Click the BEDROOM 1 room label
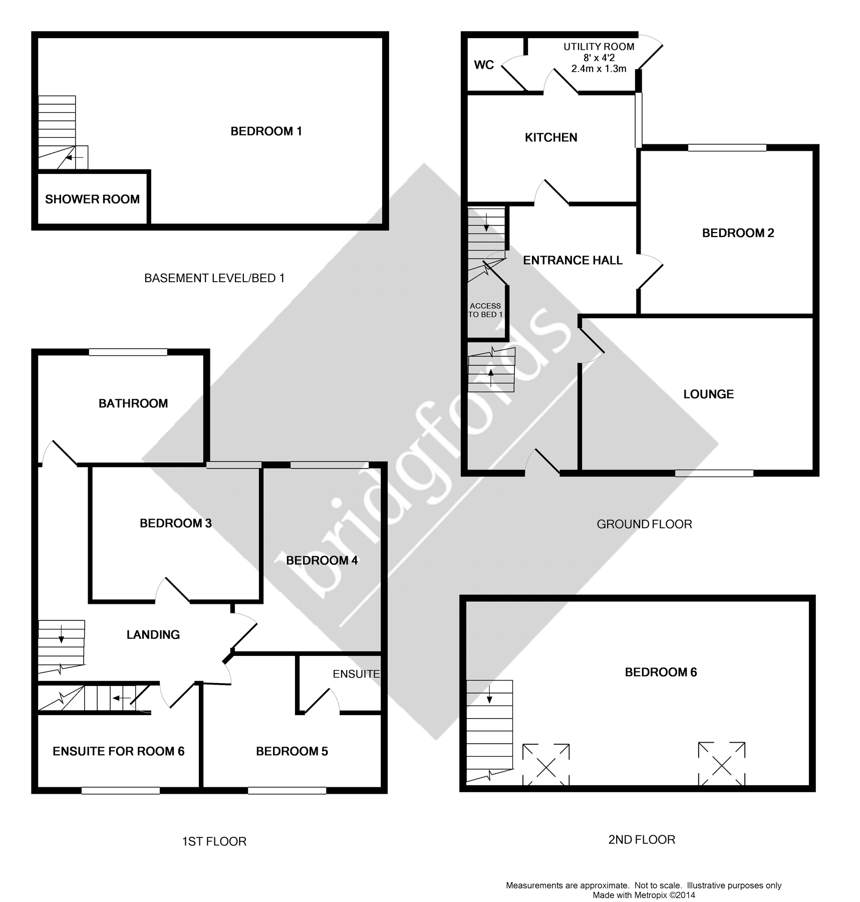pos(266,131)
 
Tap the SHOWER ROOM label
pos(92,199)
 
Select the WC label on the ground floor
pos(484,65)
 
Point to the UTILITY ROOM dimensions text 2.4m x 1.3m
pos(599,69)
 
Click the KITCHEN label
pos(551,137)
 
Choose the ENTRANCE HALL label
pos(572,260)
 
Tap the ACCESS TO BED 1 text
pos(485,310)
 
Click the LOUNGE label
pos(708,394)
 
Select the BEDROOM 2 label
pos(738,233)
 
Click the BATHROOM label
pos(133,403)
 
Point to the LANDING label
pos(153,635)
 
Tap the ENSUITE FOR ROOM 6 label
pos(119,751)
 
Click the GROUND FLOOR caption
pos(644,524)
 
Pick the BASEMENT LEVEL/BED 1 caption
pos(214,278)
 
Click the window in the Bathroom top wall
pos(128,352)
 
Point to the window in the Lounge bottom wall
pos(714,473)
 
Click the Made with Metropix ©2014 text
pos(644,895)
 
